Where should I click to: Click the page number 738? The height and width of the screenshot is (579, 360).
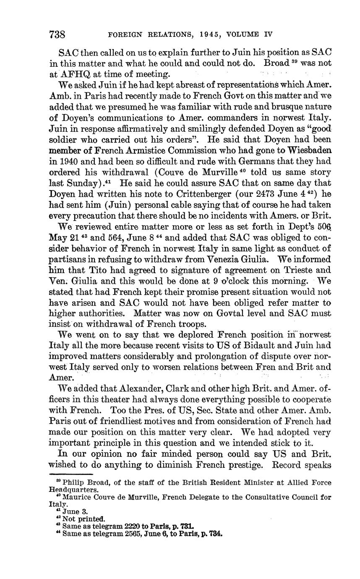click(58, 34)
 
